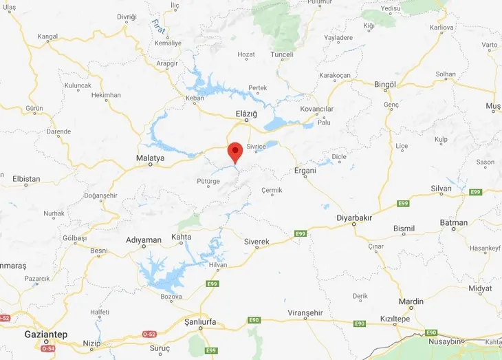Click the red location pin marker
(235, 151)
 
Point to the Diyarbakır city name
(354, 218)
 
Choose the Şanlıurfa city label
(196, 321)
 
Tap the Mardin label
(411, 301)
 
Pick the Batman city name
(454, 223)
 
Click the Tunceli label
(283, 54)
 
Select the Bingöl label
(385, 85)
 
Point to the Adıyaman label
(143, 240)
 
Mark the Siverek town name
(257, 242)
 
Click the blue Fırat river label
(157, 27)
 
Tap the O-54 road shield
(47, 348)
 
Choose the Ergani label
(305, 170)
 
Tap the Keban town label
(195, 98)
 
